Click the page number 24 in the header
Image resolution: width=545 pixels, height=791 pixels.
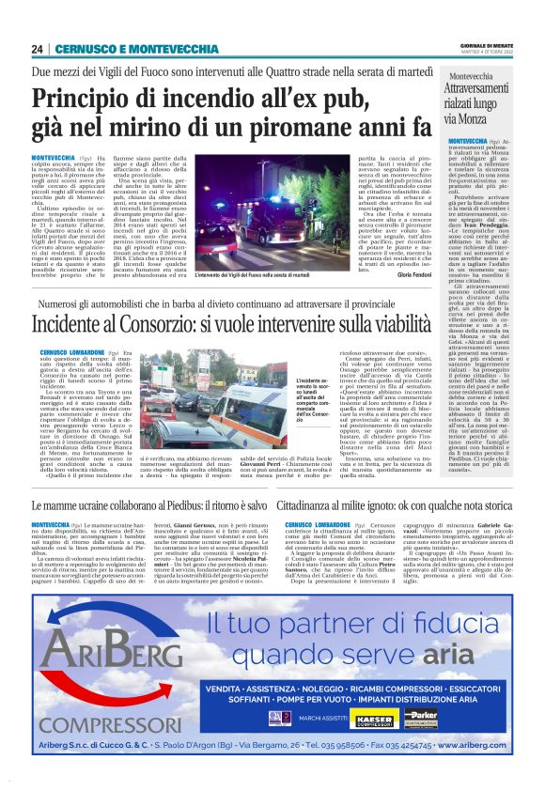tap(38, 49)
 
